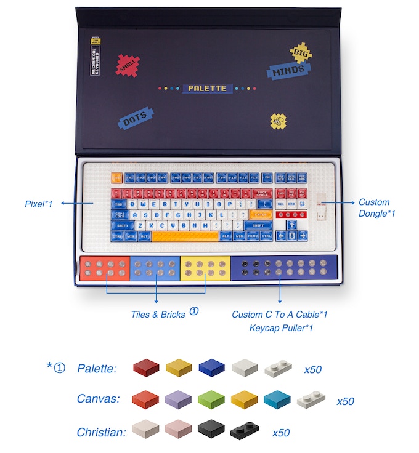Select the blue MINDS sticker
[x=288, y=70]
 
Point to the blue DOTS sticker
[x=135, y=119]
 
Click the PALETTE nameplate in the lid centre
[x=207, y=88]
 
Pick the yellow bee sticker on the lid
[x=279, y=120]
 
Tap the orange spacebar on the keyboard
[x=185, y=236]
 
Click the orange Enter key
[x=260, y=214]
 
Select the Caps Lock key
[x=120, y=215]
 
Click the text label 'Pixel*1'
[x=38, y=202]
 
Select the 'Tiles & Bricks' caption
[x=158, y=315]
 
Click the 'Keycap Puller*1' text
[x=281, y=328]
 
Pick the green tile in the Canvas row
[x=211, y=401]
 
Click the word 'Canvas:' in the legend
[x=98, y=399]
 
